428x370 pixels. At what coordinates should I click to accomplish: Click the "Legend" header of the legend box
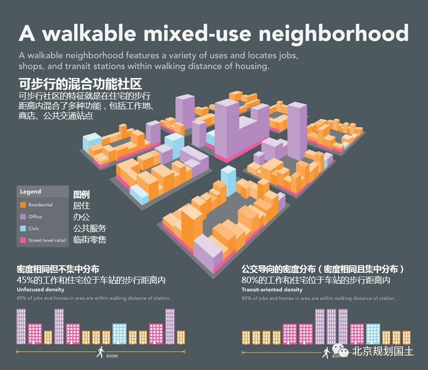click(31, 192)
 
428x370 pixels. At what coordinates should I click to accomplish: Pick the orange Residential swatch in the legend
click(23, 205)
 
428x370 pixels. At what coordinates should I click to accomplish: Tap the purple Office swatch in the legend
click(23, 217)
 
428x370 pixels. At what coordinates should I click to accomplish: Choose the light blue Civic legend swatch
click(23, 229)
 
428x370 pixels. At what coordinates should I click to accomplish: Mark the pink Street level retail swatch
click(23, 241)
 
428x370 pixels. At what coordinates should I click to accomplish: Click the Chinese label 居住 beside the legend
click(82, 206)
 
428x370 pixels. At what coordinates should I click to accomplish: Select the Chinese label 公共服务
click(89, 228)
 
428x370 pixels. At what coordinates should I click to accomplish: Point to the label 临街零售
click(89, 240)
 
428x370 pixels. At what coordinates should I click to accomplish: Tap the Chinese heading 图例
click(82, 195)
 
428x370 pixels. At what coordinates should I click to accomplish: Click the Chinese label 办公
click(82, 217)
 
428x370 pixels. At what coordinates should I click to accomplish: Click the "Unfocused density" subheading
click(40, 289)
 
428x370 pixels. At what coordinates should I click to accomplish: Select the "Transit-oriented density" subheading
click(272, 289)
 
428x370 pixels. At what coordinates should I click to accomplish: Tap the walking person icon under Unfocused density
click(101, 352)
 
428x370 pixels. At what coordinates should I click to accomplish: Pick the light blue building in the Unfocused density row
click(120, 333)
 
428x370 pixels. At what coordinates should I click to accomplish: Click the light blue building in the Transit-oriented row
click(373, 333)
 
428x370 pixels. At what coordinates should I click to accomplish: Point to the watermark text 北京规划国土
click(383, 351)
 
